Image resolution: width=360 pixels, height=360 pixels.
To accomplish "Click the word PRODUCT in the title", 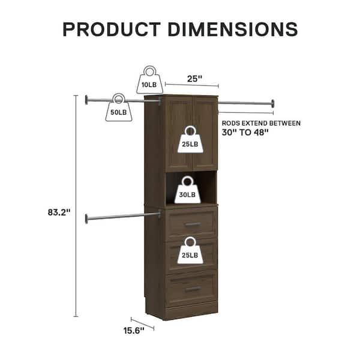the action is pyautogui.click(x=112, y=29).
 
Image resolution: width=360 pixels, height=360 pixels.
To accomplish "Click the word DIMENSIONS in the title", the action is pyautogui.click(x=233, y=29).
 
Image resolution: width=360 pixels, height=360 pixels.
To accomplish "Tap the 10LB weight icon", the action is pyautogui.click(x=149, y=80).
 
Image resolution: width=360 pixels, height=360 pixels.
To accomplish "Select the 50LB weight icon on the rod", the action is pyautogui.click(x=119, y=107).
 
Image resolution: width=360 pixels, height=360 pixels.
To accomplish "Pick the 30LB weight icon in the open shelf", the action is pyautogui.click(x=188, y=190).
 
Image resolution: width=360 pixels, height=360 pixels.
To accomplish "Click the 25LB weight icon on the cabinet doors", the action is pyautogui.click(x=190, y=139).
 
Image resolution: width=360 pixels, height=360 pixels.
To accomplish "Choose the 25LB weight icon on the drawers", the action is pyautogui.click(x=190, y=250).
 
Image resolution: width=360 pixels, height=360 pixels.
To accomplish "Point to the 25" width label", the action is pyautogui.click(x=194, y=79).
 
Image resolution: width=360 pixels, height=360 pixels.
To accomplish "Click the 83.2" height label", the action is pyautogui.click(x=59, y=212).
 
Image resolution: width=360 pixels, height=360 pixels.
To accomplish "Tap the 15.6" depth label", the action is pyautogui.click(x=134, y=331).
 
